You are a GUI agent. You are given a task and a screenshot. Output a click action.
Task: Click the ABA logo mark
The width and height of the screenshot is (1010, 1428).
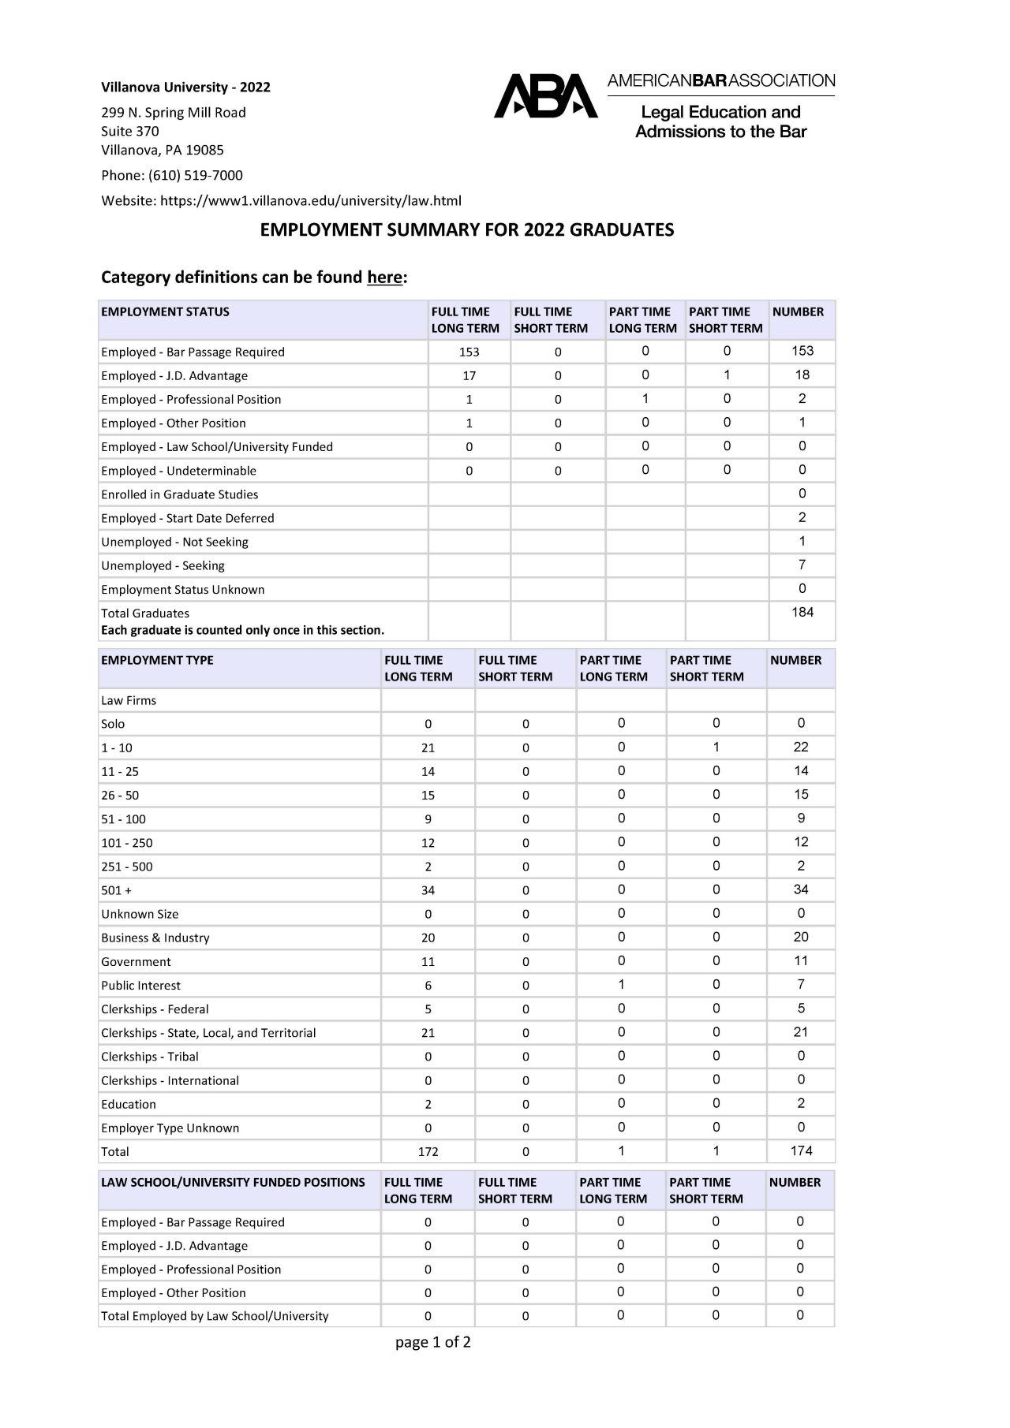[x=545, y=96]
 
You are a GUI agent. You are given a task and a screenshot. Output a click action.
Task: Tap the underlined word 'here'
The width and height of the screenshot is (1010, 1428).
[x=384, y=278]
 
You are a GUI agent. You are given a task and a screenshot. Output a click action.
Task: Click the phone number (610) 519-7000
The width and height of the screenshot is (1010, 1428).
[x=195, y=175]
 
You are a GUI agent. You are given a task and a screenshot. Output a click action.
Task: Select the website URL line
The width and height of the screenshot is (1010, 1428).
[x=281, y=200]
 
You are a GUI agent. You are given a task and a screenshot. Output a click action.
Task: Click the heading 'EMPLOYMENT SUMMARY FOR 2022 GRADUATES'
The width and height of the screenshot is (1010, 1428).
[x=467, y=229]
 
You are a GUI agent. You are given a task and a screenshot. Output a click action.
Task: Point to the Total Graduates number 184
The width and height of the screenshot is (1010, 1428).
[x=802, y=613]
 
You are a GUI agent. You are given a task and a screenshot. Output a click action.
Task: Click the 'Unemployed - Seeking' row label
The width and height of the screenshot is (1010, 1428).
[x=163, y=565]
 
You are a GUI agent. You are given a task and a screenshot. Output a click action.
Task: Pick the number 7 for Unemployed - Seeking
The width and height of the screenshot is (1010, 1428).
[x=802, y=565]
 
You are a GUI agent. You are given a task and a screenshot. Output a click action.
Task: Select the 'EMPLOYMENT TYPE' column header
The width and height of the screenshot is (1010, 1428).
[x=157, y=660]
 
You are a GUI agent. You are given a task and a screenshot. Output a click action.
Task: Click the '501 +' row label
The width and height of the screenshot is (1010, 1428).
[x=116, y=890]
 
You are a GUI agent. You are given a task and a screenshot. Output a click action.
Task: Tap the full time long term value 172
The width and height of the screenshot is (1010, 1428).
[x=428, y=1151]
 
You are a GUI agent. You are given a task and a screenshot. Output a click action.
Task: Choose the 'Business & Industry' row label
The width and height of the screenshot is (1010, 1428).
[x=155, y=938]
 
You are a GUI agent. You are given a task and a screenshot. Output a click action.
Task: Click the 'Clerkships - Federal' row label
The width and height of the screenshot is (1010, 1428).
[x=155, y=1009]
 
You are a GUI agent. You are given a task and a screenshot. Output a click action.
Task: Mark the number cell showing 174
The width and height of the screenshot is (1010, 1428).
[x=801, y=1150]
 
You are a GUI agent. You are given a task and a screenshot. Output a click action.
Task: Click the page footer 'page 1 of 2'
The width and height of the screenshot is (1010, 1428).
[x=433, y=1342]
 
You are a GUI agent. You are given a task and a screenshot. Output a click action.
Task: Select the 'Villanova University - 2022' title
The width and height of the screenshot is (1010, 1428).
[x=185, y=87]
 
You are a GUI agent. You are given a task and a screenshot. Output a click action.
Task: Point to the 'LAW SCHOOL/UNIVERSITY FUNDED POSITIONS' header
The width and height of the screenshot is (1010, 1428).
[x=233, y=1182]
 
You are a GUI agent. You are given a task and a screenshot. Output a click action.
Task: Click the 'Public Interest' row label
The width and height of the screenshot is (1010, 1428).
[x=140, y=986]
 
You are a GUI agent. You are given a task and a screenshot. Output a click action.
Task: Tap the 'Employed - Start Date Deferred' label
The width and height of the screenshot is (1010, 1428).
[x=188, y=518]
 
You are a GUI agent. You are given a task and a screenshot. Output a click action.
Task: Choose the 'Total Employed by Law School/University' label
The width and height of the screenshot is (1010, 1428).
[x=215, y=1316]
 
